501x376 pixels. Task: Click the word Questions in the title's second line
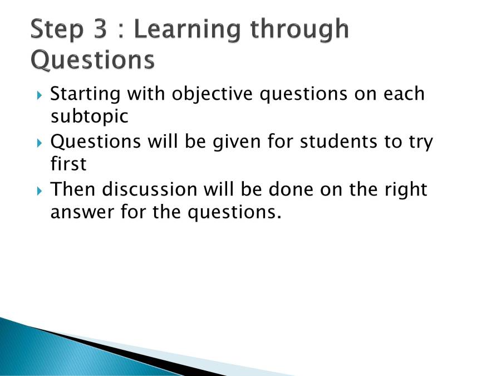[x=92, y=60]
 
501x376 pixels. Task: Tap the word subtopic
[x=89, y=117]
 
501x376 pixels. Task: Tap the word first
[x=68, y=164]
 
